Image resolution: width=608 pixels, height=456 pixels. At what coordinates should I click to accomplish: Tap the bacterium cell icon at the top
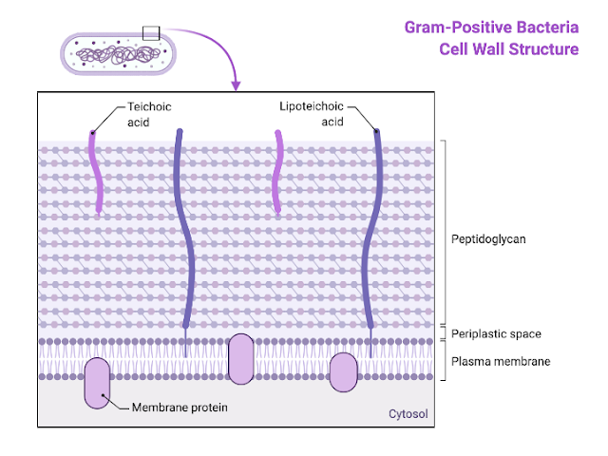point(119,53)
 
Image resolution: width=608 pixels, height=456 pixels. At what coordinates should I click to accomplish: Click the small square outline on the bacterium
point(152,33)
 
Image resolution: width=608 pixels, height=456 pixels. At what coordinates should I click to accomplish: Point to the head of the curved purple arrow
point(236,87)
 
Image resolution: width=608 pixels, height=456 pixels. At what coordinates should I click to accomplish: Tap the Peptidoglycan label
point(488,239)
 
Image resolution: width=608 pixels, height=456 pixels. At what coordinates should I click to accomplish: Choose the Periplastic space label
point(496,334)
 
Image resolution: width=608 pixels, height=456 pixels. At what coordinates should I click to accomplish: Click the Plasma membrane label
point(500,361)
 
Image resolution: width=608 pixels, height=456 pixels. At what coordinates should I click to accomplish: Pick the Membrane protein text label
point(180,408)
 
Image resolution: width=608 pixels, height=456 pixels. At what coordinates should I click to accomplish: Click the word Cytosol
point(408,414)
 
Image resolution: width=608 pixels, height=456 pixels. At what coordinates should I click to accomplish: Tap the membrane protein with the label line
point(97,384)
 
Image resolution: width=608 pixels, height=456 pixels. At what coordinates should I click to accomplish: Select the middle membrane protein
point(241,358)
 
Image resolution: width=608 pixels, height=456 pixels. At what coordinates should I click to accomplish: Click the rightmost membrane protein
point(342,372)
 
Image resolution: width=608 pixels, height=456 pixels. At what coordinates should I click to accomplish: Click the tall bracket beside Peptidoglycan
point(445,232)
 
